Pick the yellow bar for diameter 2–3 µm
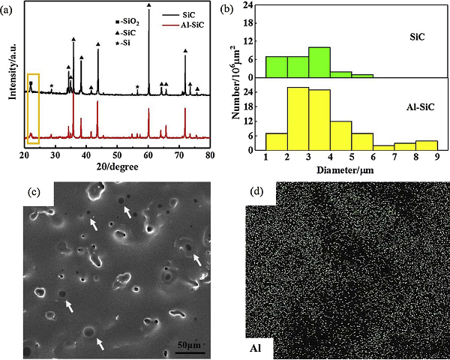point(298,119)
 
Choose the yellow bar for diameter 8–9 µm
point(427,145)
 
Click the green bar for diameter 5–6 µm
point(362,76)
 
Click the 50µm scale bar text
point(190,344)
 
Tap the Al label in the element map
point(259,349)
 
